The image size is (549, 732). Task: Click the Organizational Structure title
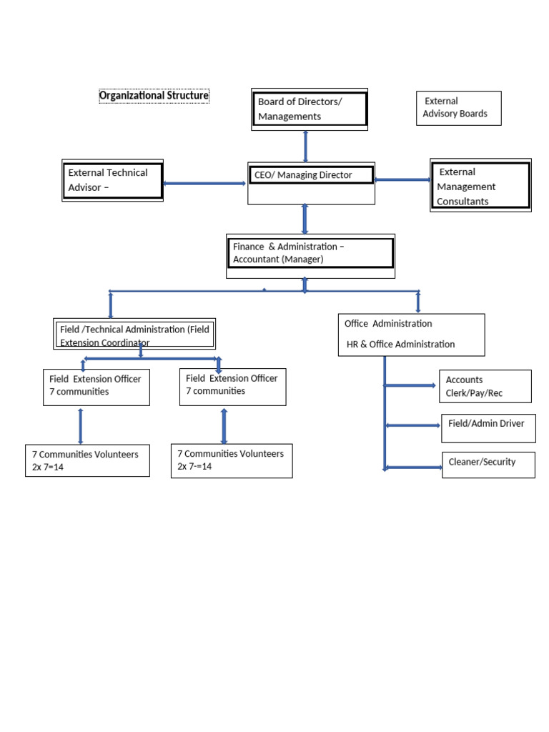click(154, 96)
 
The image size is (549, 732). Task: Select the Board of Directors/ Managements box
click(310, 109)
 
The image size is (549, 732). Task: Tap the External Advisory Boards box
click(458, 108)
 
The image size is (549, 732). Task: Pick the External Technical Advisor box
click(112, 180)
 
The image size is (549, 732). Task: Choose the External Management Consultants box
click(480, 186)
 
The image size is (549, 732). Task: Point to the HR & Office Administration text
click(400, 345)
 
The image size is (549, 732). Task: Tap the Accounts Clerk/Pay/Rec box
click(486, 387)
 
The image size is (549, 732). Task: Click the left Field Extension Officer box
click(97, 386)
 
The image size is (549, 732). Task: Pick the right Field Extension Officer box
click(232, 386)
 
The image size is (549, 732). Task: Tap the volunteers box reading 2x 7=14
click(87, 460)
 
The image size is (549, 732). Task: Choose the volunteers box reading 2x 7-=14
click(232, 460)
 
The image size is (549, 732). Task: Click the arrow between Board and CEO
click(306, 146)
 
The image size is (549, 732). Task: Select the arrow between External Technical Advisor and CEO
click(204, 184)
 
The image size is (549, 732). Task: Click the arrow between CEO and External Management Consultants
click(402, 180)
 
